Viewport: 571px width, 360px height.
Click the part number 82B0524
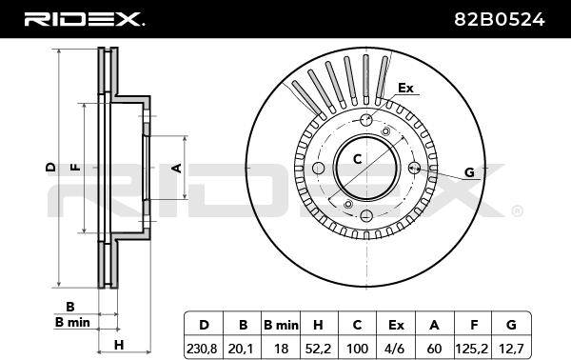(500, 19)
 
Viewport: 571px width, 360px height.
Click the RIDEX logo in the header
(85, 19)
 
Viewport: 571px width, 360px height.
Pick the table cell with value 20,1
(241, 349)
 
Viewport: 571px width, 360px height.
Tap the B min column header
(281, 325)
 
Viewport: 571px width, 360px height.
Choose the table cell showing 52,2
(318, 349)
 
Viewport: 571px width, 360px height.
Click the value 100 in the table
(357, 349)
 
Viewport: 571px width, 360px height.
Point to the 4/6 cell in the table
(395, 349)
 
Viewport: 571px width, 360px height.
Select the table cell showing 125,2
(472, 349)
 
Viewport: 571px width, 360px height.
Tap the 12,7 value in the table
(511, 349)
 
